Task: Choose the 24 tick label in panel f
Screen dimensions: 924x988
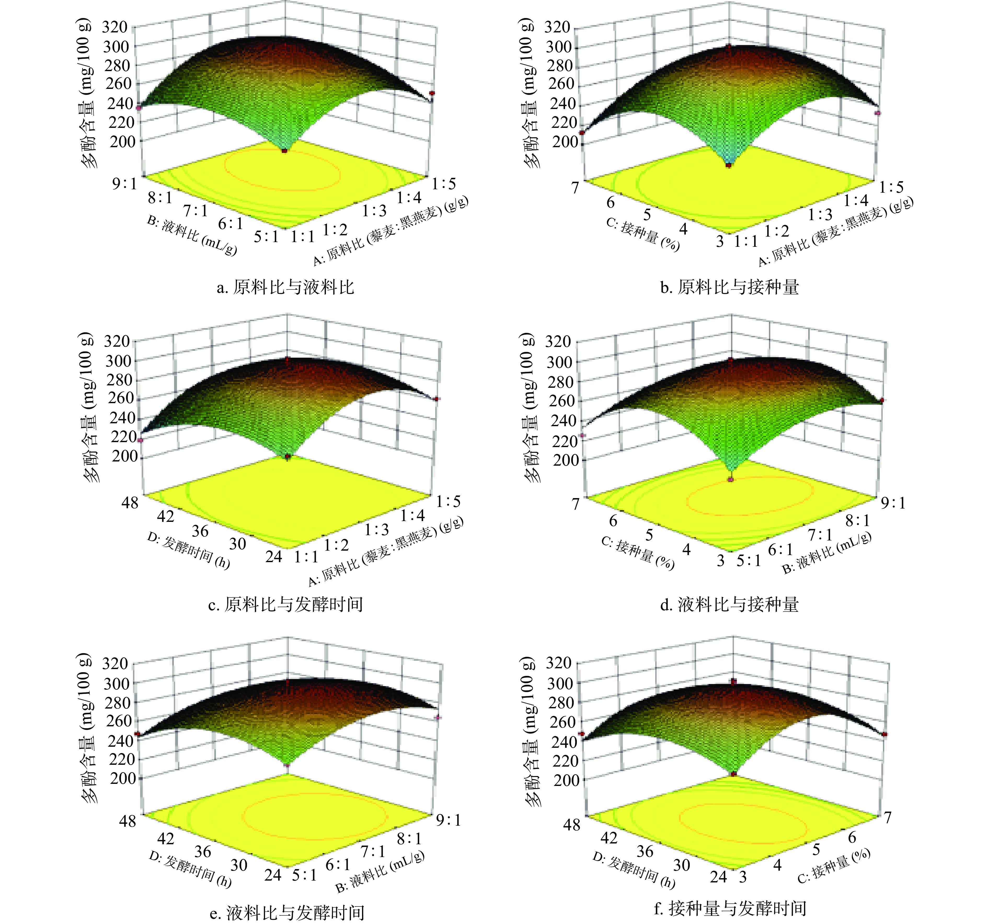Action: (718, 877)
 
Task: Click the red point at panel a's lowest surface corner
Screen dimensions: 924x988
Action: (285, 150)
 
